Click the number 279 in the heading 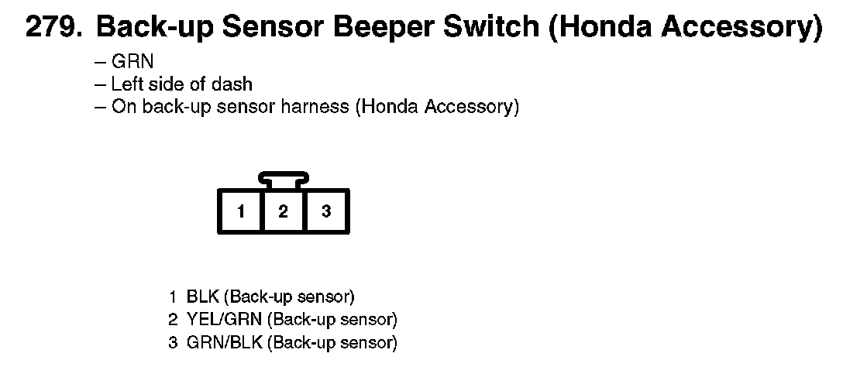(x=52, y=28)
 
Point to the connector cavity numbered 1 (x=242, y=211)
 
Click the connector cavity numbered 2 (x=284, y=211)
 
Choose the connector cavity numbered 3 (x=326, y=211)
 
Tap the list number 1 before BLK (x=173, y=297)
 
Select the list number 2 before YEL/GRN (x=173, y=319)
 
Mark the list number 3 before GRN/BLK (x=173, y=341)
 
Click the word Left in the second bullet (x=127, y=84)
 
